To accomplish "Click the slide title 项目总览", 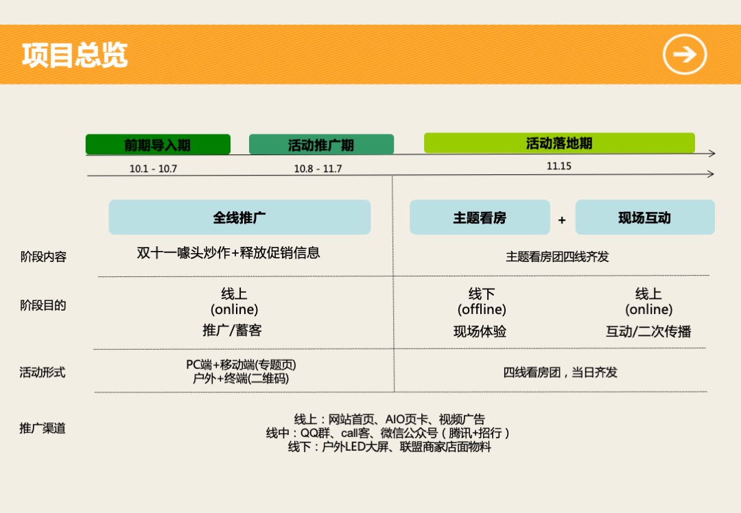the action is [x=75, y=56].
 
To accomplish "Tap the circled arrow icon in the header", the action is [x=684, y=55].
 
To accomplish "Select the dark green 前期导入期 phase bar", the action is [x=158, y=145].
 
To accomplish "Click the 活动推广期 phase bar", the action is [x=321, y=145].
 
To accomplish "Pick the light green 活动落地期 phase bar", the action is [x=559, y=143].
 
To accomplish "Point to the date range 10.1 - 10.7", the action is [x=153, y=169].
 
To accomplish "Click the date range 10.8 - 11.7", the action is [x=318, y=169].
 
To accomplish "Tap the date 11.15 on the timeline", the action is [x=559, y=166].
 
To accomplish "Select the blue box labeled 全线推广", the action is [x=239, y=217].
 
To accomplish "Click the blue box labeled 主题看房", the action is [x=480, y=217].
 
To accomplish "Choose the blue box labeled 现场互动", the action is [x=644, y=218].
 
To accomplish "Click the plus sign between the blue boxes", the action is [x=562, y=220].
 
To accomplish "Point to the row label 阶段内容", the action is [x=43, y=257].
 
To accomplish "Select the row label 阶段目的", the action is [x=43, y=305].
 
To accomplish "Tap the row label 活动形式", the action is [x=43, y=372].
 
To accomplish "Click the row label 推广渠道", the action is [x=43, y=429].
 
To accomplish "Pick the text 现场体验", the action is [x=480, y=332].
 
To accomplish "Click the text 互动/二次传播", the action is [x=648, y=332].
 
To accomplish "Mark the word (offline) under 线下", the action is [x=482, y=310].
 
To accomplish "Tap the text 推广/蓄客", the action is [x=232, y=331].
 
